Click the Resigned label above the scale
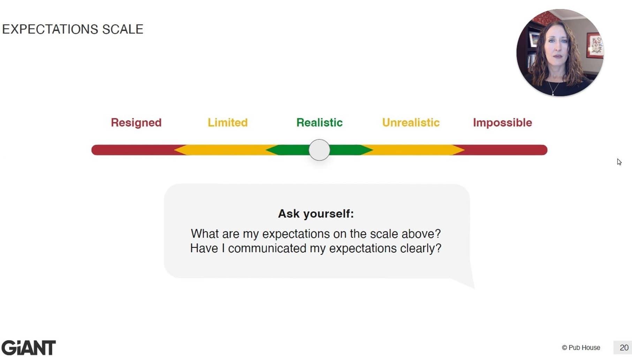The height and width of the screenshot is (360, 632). (136, 123)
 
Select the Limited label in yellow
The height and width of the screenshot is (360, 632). (228, 123)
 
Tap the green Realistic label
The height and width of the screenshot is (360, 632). (319, 123)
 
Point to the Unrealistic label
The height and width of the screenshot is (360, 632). (411, 123)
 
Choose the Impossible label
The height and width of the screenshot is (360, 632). (502, 123)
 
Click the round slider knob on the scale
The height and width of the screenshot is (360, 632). (319, 150)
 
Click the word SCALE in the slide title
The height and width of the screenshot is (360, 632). (123, 29)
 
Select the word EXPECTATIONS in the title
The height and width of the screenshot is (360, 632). (50, 29)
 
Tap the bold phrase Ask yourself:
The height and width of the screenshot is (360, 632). (316, 214)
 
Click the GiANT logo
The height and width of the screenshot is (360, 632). (29, 348)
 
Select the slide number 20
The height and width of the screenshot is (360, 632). (624, 348)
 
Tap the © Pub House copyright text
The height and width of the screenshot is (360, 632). (581, 348)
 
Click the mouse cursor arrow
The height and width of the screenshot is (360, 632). (619, 162)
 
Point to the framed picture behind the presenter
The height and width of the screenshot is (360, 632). (595, 45)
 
